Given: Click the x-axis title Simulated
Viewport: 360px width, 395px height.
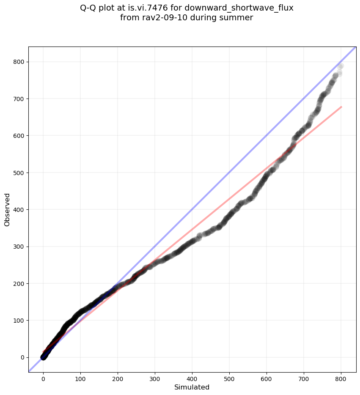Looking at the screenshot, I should tap(192, 387).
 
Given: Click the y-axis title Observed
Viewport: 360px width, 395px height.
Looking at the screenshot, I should tap(7, 209).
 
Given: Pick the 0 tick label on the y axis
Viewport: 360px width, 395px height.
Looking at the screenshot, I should tap(22, 357).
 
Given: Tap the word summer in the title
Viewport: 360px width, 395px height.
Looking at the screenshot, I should tap(239, 18).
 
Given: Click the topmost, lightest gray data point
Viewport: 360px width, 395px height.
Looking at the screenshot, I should tap(341, 66).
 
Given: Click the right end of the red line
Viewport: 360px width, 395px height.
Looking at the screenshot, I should tap(341, 107).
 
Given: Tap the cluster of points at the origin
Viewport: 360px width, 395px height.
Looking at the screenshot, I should tap(44, 357).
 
